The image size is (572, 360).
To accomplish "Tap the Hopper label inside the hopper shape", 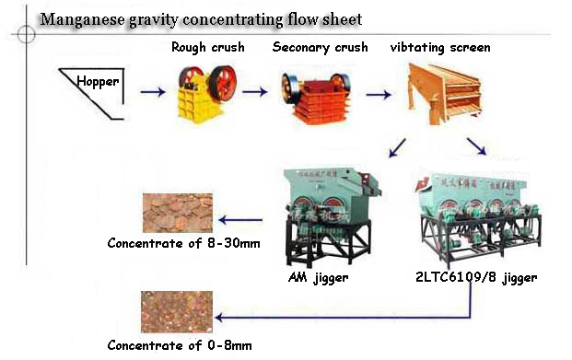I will click(99, 82).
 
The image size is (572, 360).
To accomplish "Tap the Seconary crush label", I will click(319, 47).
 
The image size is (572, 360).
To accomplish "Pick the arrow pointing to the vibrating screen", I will click(378, 93).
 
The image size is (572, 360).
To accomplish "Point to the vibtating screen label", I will click(440, 47).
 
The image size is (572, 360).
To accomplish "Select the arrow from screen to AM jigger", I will click(397, 146).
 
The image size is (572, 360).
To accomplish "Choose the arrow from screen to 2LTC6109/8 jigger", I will click(476, 147).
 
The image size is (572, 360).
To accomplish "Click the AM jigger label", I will click(319, 276).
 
